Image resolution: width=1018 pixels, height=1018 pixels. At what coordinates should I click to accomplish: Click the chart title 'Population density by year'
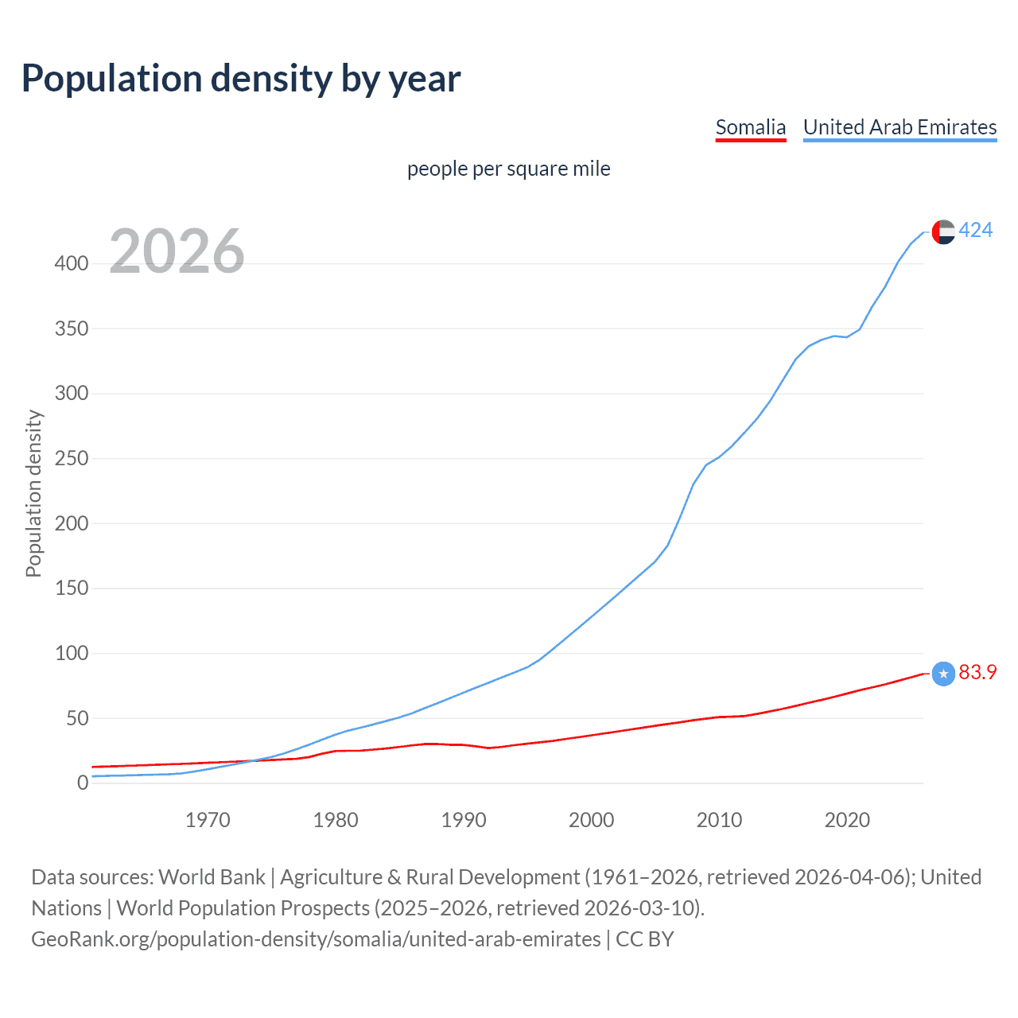tap(241, 79)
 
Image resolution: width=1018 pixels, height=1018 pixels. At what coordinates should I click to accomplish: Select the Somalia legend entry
tap(750, 127)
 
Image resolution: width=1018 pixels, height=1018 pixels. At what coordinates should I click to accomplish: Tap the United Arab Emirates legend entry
tap(899, 127)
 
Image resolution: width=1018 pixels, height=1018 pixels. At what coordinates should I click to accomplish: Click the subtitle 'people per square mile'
tap(508, 169)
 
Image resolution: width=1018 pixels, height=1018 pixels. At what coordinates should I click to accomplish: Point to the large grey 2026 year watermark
tap(177, 251)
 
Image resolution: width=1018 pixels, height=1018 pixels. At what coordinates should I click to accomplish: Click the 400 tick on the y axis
tap(72, 263)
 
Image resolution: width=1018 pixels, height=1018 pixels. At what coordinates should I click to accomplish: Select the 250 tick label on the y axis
tap(72, 458)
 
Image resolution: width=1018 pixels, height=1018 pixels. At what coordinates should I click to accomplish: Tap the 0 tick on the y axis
tap(83, 783)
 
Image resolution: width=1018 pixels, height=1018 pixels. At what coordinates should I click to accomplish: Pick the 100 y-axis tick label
tap(72, 653)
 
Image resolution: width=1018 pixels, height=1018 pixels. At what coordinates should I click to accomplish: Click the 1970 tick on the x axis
tap(208, 820)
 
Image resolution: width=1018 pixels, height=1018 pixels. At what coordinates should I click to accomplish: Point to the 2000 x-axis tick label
tap(591, 820)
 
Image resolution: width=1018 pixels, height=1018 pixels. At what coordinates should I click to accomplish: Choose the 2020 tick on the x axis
tap(847, 820)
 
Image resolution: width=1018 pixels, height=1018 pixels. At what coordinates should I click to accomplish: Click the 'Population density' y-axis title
tap(33, 493)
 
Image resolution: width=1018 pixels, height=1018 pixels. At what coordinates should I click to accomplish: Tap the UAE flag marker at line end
tap(943, 231)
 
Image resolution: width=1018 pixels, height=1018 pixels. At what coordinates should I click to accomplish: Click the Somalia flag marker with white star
tap(943, 674)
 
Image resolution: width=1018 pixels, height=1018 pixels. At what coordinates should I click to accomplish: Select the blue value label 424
tap(975, 231)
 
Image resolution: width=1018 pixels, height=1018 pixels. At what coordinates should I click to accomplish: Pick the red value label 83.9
tap(977, 673)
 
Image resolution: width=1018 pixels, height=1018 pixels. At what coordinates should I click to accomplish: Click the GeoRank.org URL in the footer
tap(316, 939)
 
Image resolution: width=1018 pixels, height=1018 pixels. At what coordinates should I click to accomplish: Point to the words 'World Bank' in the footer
tap(212, 877)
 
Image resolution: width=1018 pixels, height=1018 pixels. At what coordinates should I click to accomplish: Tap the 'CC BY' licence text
tap(645, 939)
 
